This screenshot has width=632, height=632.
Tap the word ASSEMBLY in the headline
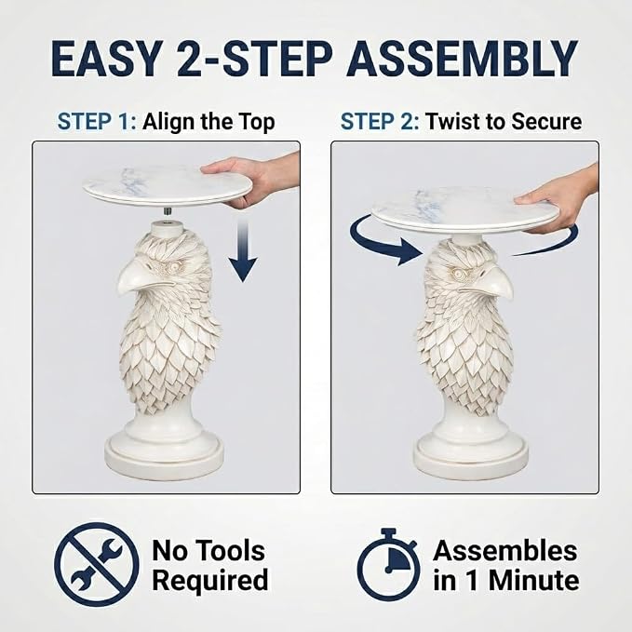[x=462, y=58]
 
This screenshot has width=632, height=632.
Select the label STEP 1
[x=97, y=121]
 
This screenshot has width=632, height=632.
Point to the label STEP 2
[x=380, y=121]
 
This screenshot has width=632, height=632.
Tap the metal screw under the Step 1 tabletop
[x=167, y=210]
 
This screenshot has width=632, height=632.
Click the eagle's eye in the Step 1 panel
[x=175, y=266]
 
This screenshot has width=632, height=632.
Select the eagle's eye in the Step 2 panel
[x=457, y=274]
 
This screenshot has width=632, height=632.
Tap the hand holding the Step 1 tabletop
[x=258, y=178]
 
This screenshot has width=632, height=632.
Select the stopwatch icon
[x=388, y=565]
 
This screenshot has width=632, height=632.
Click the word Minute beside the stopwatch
[x=534, y=581]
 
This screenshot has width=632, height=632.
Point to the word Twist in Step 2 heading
[x=451, y=121]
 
